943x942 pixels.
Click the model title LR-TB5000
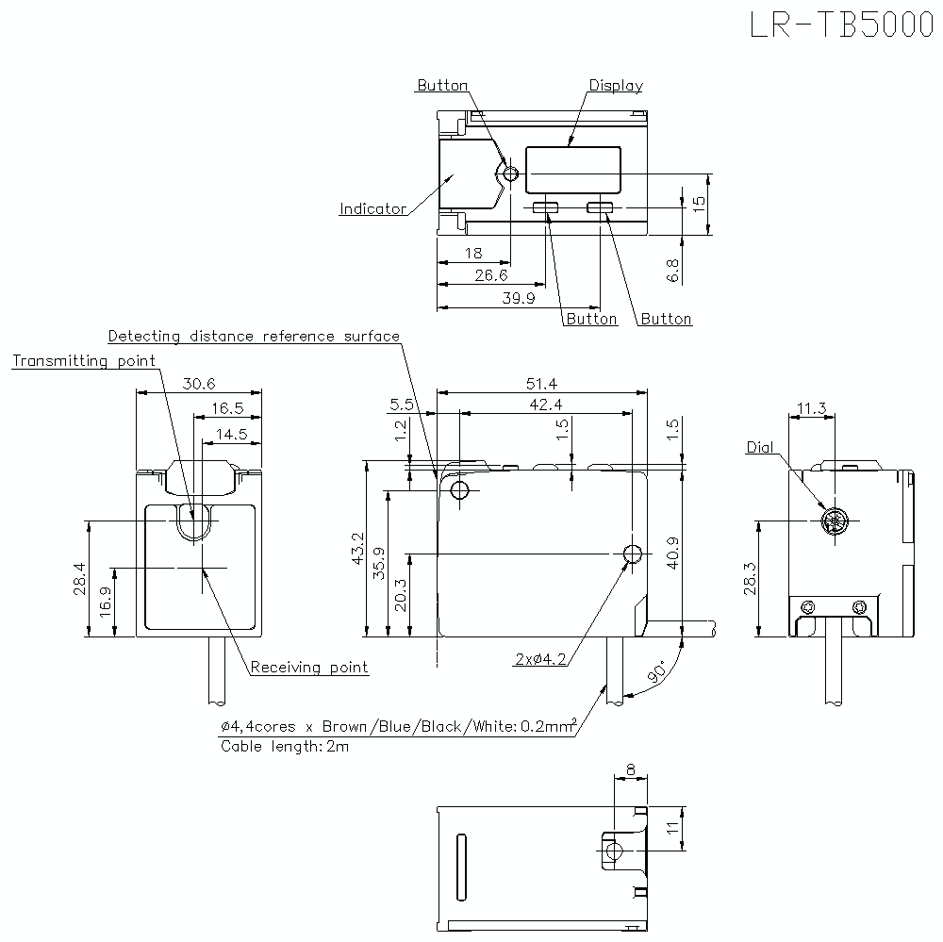click(841, 25)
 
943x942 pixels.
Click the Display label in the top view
click(616, 86)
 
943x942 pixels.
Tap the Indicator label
click(372, 209)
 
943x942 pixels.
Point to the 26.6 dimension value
click(490, 275)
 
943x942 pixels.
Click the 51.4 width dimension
click(541, 384)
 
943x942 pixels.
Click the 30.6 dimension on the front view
click(199, 384)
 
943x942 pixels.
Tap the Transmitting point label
click(84, 361)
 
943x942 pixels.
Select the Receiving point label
click(309, 668)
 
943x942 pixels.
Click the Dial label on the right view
click(759, 447)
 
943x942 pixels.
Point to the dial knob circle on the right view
click(835, 521)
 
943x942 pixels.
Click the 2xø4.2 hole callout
click(540, 660)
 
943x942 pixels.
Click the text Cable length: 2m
click(285, 746)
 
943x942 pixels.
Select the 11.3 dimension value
click(811, 409)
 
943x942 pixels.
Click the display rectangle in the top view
click(572, 171)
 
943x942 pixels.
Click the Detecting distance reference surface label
click(254, 337)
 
